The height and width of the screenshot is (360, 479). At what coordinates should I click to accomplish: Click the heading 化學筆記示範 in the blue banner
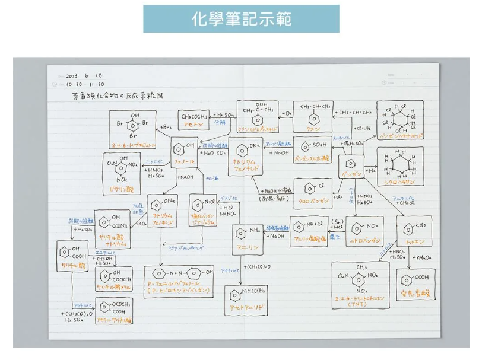pyautogui.click(x=241, y=18)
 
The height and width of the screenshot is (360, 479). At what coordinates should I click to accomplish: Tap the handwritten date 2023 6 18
pyautogui.click(x=84, y=76)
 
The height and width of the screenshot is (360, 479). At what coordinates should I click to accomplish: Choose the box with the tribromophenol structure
pyautogui.click(x=133, y=130)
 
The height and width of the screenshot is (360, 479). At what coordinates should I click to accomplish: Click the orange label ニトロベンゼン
pyautogui.click(x=364, y=241)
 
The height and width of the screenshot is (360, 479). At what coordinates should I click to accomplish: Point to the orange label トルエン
pyautogui.click(x=414, y=241)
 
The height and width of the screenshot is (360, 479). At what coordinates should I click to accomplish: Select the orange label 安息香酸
pyautogui.click(x=414, y=292)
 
